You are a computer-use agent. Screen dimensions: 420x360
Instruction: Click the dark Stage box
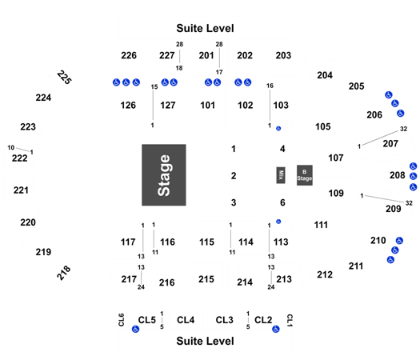coord(164,175)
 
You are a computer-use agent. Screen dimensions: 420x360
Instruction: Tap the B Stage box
coord(305,175)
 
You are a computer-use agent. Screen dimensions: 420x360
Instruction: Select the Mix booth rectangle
coord(281,175)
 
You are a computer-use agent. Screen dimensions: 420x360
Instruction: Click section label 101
coord(207,106)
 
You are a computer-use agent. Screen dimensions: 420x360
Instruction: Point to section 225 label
coord(64,77)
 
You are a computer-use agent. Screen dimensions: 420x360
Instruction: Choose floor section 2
coord(234,176)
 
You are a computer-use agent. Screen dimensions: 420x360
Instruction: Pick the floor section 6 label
coord(282,202)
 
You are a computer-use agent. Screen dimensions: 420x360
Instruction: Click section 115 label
coord(206,242)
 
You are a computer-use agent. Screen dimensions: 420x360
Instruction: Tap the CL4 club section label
coord(186,320)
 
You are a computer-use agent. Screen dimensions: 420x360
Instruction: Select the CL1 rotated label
coord(290,320)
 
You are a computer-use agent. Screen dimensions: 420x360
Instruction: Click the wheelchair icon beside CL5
coord(135,329)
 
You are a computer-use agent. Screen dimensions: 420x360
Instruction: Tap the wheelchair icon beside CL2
coord(276,329)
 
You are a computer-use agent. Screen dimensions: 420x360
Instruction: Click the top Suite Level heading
coord(205,28)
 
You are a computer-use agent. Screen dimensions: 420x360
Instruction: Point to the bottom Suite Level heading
coord(205,341)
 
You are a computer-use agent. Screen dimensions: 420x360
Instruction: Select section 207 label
coord(390,144)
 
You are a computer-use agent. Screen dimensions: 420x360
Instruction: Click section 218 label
coord(64,273)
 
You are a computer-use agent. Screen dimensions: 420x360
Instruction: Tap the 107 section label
coord(336,158)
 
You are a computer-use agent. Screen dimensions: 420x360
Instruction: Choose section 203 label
coord(283,55)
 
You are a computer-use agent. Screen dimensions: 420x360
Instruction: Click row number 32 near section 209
coord(409,203)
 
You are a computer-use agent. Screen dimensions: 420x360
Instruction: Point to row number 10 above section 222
coord(11,147)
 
